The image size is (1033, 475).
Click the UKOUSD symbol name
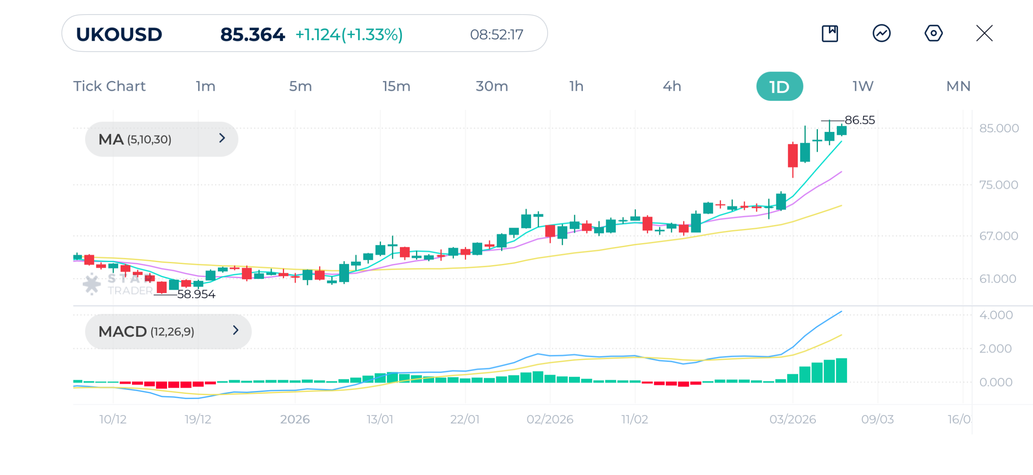(x=119, y=35)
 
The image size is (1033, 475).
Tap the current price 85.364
(x=252, y=35)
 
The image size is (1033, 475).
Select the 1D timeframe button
(x=779, y=86)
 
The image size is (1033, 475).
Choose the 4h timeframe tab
(x=671, y=86)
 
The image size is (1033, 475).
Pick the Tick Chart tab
(x=109, y=86)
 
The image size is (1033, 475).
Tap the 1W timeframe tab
(x=863, y=86)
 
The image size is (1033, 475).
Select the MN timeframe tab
(x=958, y=86)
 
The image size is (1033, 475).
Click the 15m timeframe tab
(x=396, y=86)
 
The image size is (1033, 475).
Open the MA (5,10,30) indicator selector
(x=161, y=139)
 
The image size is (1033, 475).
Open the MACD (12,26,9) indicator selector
(x=168, y=331)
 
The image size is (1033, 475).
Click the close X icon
(x=984, y=33)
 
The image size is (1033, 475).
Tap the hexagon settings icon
(x=933, y=33)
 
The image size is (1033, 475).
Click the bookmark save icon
(x=830, y=33)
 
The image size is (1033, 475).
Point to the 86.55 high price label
(x=859, y=120)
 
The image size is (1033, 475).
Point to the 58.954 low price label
(x=196, y=294)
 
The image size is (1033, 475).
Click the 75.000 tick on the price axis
(x=999, y=185)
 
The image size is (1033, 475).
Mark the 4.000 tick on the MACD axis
(x=996, y=315)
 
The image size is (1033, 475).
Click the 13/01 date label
(x=380, y=419)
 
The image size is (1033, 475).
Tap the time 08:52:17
(x=496, y=35)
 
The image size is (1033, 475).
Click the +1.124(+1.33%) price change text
(x=349, y=35)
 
